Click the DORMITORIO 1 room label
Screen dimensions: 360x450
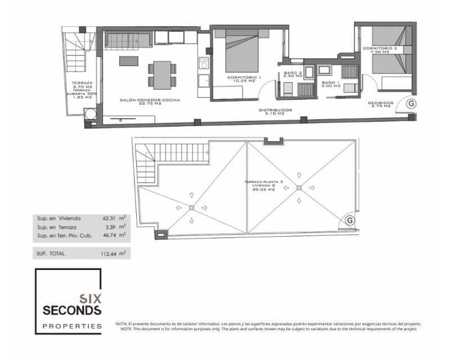244,77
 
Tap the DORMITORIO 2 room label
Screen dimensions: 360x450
380,49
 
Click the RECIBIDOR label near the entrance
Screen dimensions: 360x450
380,103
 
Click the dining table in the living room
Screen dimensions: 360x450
162,75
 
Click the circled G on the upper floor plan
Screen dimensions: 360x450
411,103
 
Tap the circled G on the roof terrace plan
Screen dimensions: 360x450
349,220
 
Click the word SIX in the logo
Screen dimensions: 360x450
90,298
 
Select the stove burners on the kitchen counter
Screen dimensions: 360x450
204,62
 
